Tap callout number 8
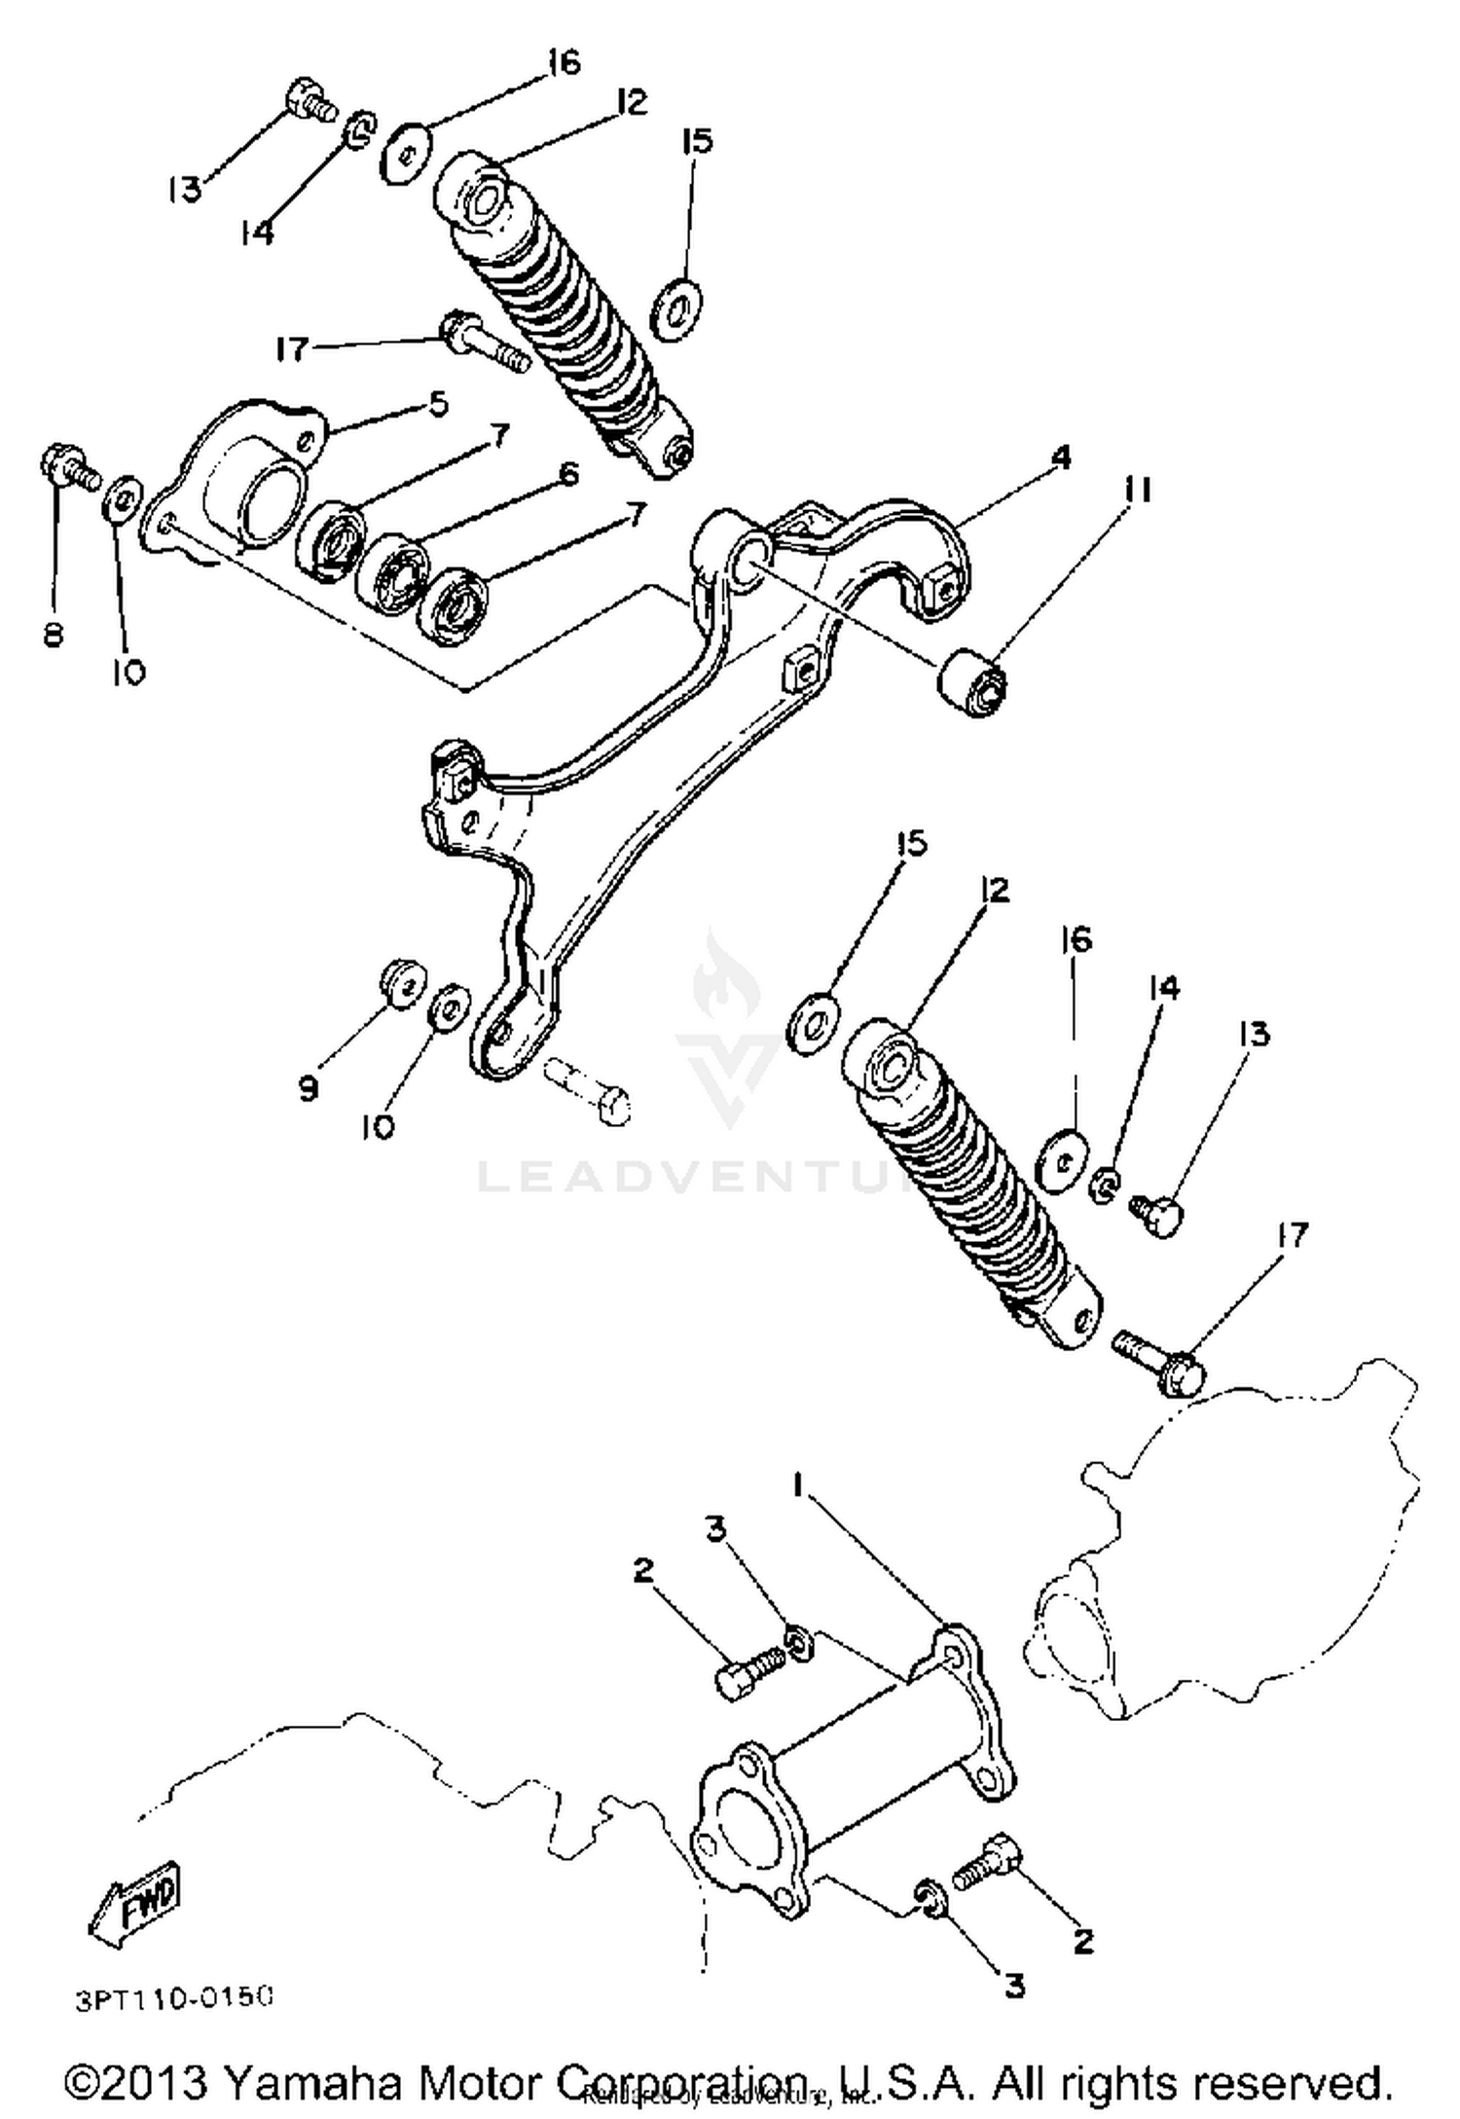point(53,635)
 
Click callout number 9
point(308,1087)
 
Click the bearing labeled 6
point(395,571)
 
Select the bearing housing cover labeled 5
point(243,477)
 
